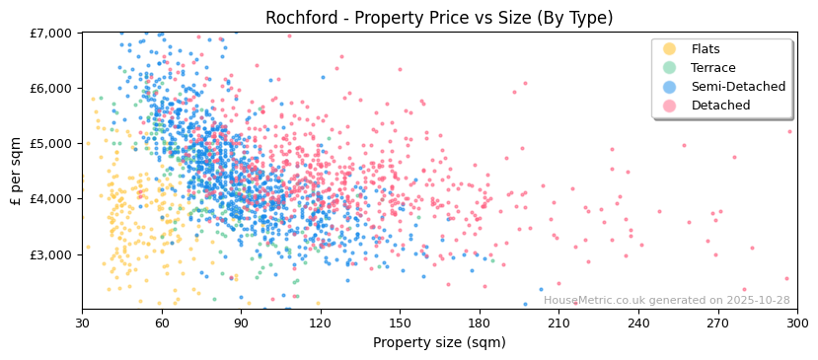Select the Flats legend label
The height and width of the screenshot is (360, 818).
706,49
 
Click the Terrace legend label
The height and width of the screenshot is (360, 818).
711,68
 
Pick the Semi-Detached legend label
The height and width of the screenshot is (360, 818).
738,87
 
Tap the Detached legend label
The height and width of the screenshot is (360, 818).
720,106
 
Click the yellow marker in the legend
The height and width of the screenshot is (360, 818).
670,49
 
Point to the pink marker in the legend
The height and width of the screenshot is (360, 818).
670,106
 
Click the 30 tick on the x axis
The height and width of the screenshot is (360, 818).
82,323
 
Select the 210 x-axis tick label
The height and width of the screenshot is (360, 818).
558,323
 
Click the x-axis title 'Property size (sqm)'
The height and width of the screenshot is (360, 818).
439,342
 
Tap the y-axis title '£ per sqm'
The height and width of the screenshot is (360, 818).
16,171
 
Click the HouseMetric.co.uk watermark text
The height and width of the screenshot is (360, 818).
666,301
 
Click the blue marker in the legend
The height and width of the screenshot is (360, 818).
670,87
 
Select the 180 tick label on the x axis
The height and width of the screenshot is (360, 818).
480,323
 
